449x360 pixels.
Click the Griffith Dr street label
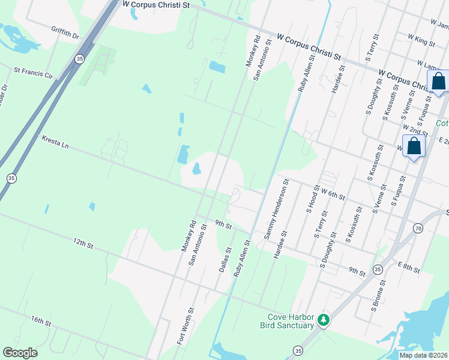[x=65, y=32]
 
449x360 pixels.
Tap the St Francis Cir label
[x=33, y=76]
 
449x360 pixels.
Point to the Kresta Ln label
[x=56, y=142]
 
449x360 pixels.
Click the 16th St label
[x=42, y=321]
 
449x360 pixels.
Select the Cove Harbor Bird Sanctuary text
[x=287, y=321]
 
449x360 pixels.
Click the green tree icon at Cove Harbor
[x=324, y=320]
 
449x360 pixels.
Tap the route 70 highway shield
[x=417, y=228]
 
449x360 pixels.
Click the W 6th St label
[x=333, y=193]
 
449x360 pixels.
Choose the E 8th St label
[x=408, y=268]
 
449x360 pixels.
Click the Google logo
[x=20, y=353]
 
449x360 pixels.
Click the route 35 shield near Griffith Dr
[x=79, y=59]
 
